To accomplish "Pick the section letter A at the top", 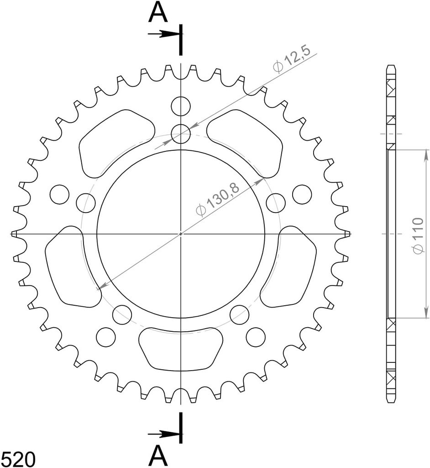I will pyautogui.click(x=157, y=13).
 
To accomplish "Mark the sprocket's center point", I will pyautogui.click(x=181, y=234).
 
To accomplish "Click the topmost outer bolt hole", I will pyautogui.click(x=181, y=106).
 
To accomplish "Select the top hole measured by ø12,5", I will pyautogui.click(x=181, y=134).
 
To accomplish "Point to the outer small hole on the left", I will pyautogui.click(x=59, y=195).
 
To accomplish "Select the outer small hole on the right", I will pyautogui.click(x=302, y=195).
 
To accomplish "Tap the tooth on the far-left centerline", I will pyautogui.click(x=15, y=234).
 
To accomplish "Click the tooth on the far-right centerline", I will pyautogui.click(x=347, y=234).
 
